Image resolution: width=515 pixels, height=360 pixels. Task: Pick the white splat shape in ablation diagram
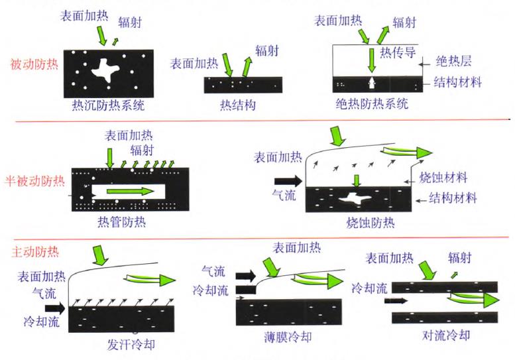pyautogui.click(x=355, y=197)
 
